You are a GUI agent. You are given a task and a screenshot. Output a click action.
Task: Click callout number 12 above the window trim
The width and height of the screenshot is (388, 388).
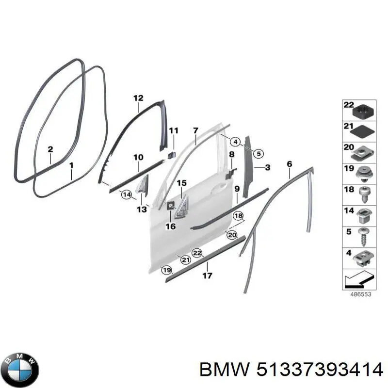[x=138, y=98]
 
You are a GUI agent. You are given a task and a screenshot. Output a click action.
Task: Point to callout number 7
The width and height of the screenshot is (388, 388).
[x=195, y=130]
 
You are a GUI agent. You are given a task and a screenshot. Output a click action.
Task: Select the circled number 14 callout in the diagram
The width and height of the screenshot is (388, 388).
[x=127, y=195]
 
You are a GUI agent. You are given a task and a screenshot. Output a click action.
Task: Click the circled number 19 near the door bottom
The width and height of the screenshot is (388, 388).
[x=167, y=270]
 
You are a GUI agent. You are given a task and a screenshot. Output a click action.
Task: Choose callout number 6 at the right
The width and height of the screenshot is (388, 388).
[x=289, y=164]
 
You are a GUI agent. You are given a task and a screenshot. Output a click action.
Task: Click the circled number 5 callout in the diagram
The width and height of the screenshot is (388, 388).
[x=259, y=154]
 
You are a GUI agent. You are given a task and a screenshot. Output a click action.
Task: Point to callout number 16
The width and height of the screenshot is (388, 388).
[x=170, y=226]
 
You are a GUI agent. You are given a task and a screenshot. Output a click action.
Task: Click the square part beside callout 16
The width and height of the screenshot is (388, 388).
[x=171, y=207]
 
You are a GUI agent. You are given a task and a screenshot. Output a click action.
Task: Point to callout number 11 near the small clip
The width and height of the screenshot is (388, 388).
[x=174, y=130]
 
